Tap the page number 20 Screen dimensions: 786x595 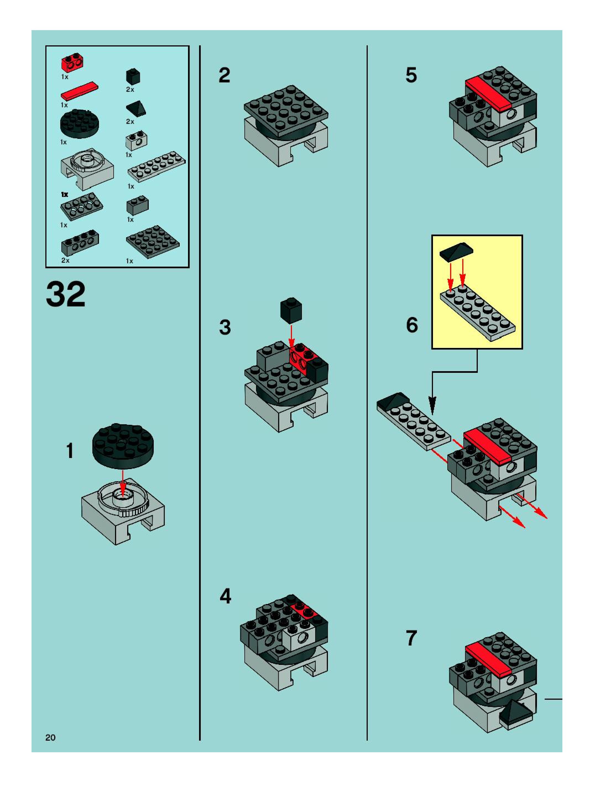pyautogui.click(x=50, y=737)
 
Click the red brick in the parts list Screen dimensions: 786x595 pyautogui.click(x=72, y=63)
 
